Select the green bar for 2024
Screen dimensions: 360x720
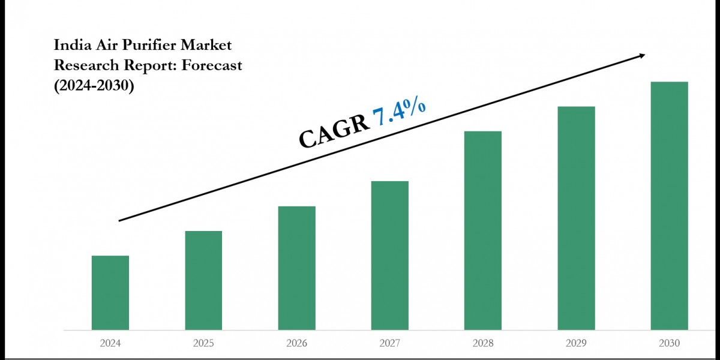[x=110, y=293]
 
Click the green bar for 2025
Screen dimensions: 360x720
[x=203, y=280]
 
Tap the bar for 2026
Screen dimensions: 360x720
[x=297, y=268]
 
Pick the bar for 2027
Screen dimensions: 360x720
[x=390, y=255]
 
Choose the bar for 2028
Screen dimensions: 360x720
[x=483, y=230]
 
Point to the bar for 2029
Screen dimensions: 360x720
[x=576, y=218]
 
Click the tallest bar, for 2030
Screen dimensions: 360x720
[x=670, y=205]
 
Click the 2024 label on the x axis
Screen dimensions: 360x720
[x=110, y=344]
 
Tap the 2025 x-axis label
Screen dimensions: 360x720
[x=203, y=344]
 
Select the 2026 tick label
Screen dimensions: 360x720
[x=297, y=344]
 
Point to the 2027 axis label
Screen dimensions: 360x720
[x=390, y=344]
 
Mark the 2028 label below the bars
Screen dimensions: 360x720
[x=483, y=344]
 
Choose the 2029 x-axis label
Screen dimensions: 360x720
[x=576, y=344]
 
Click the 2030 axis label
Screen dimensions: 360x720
[x=670, y=344]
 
